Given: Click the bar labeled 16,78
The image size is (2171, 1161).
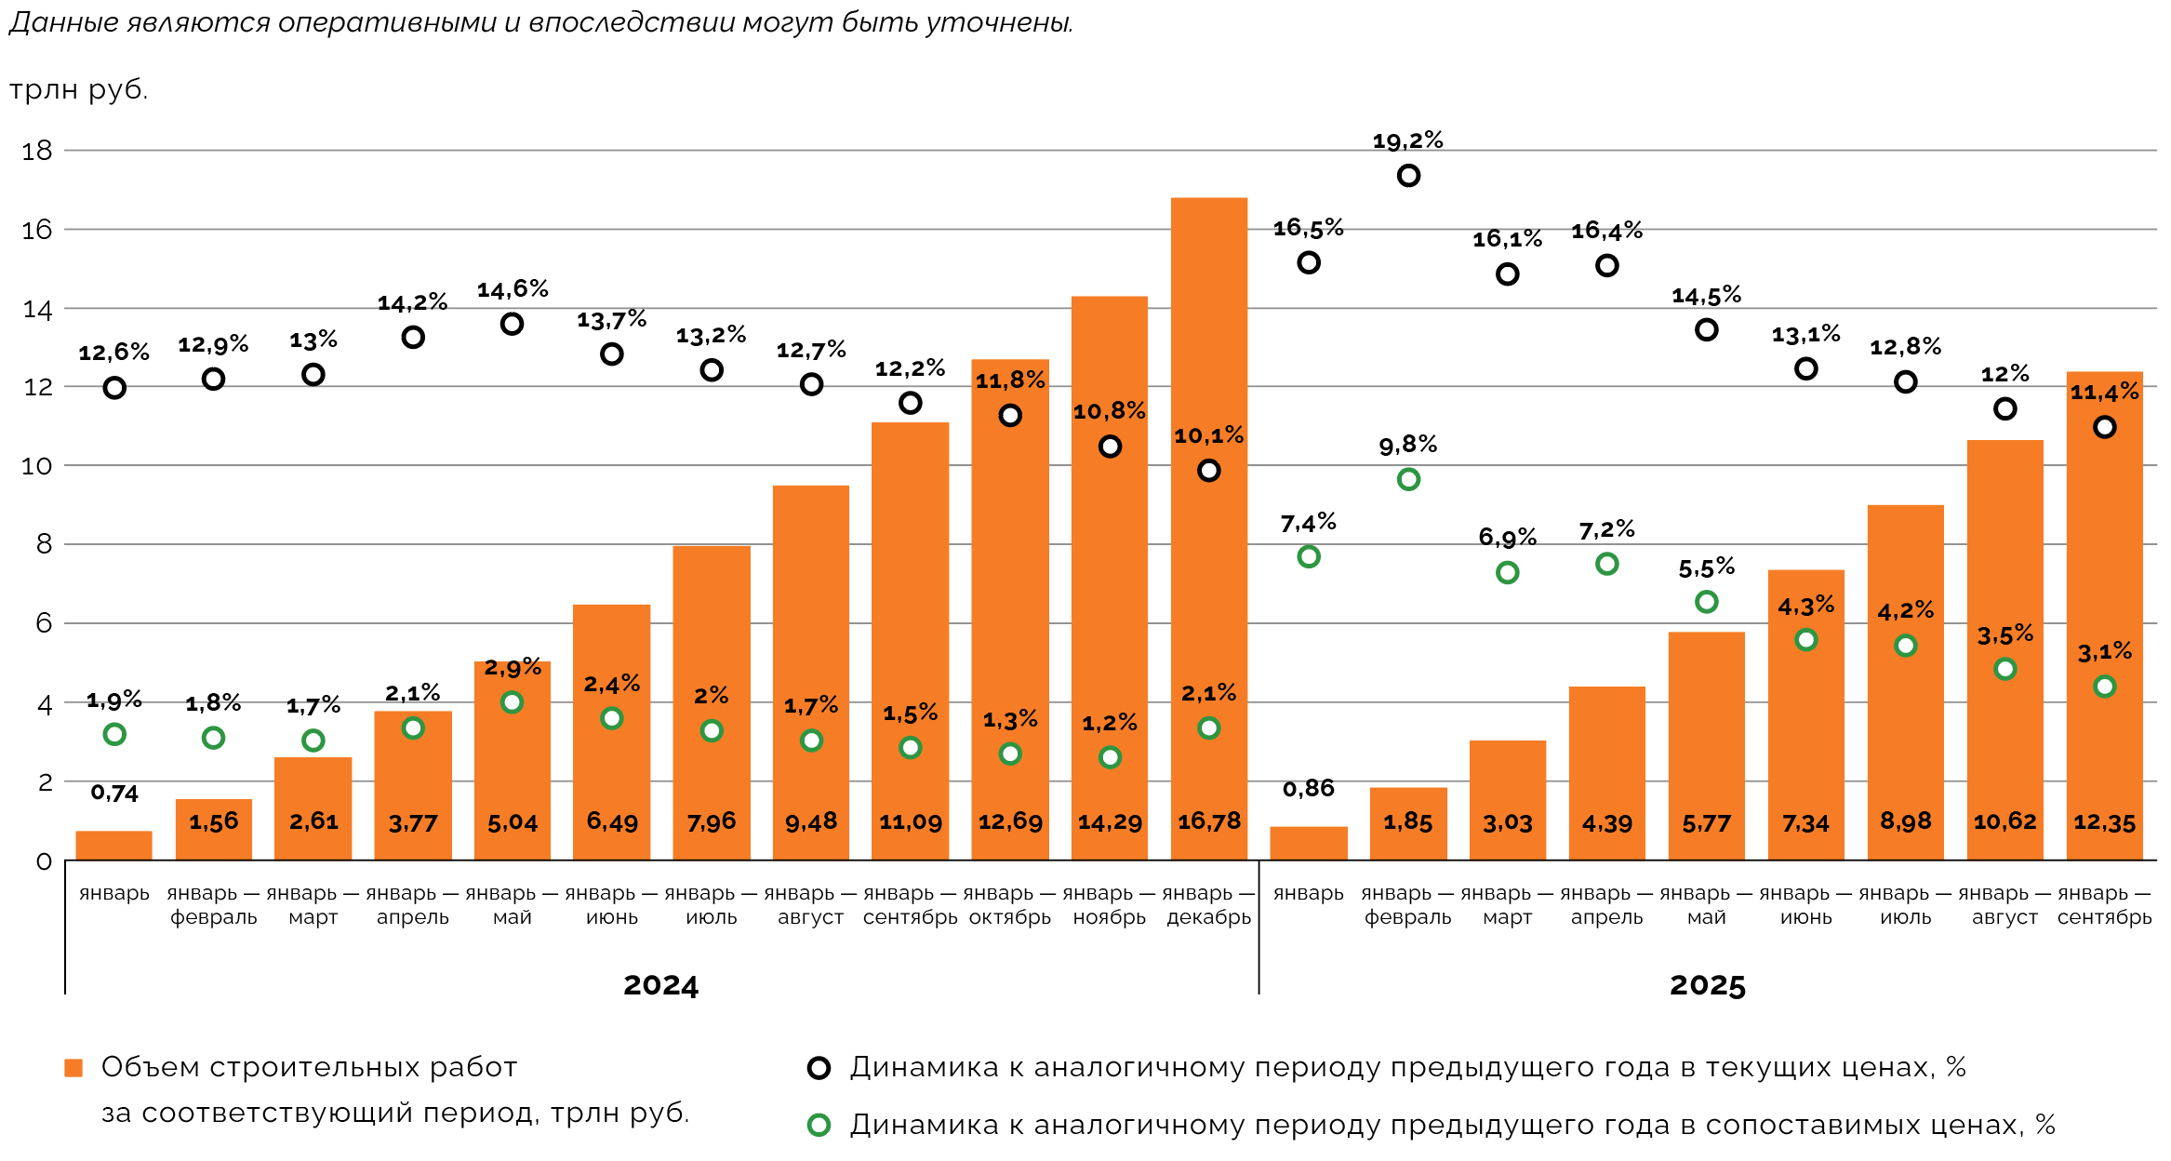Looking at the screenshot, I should tap(1208, 530).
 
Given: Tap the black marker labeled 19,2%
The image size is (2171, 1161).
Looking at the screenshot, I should tap(1408, 176).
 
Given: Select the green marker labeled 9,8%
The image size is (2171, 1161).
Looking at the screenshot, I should tap(1408, 480).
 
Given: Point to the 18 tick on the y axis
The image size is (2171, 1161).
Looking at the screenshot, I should tap(37, 151).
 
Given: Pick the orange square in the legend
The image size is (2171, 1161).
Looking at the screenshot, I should tap(73, 1068).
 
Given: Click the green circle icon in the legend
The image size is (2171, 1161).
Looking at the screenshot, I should tap(819, 1126).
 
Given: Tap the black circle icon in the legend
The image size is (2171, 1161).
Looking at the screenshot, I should tap(819, 1068).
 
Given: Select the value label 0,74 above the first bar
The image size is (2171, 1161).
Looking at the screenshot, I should tap(114, 794).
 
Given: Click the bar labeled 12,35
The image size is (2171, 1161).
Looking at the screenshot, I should tap(2104, 614).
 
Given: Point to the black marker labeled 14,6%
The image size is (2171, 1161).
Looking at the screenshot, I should tap(512, 324).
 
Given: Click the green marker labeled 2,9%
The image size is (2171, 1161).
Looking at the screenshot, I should tap(512, 702).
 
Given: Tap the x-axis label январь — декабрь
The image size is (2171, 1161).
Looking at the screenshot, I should tap(1208, 905).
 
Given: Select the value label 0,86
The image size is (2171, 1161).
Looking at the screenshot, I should tap(1308, 789).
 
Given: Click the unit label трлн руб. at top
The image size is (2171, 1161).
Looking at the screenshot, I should tap(79, 90).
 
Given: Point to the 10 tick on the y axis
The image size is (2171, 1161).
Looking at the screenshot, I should tap(37, 466).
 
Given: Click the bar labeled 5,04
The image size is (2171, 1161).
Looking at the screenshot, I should tap(512, 763).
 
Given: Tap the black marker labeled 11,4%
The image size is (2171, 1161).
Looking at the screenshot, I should tap(2104, 427).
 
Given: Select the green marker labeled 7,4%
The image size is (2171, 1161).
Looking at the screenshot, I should tap(1308, 557).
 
